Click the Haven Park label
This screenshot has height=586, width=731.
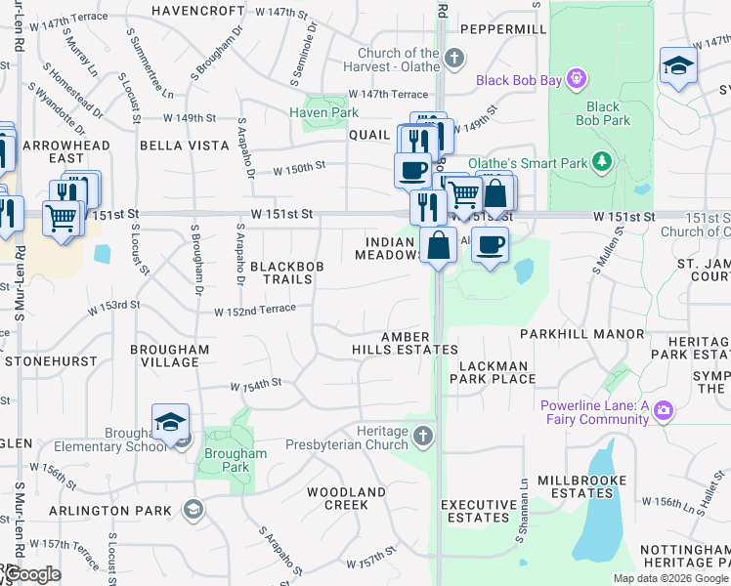point(323,113)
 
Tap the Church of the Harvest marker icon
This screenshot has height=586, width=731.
point(452,59)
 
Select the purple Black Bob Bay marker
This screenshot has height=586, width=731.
point(578,76)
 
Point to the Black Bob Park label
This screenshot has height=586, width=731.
point(603,113)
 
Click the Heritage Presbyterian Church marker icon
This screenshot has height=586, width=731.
point(422,436)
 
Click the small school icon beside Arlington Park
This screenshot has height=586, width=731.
point(193,509)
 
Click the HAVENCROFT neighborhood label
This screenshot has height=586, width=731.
point(199,11)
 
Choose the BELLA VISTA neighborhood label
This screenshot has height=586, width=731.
point(178,145)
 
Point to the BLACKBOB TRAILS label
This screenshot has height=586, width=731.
point(281,272)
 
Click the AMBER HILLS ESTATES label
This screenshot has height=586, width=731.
point(405,343)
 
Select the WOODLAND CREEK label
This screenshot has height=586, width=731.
point(346,498)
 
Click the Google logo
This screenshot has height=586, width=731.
point(31,574)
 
